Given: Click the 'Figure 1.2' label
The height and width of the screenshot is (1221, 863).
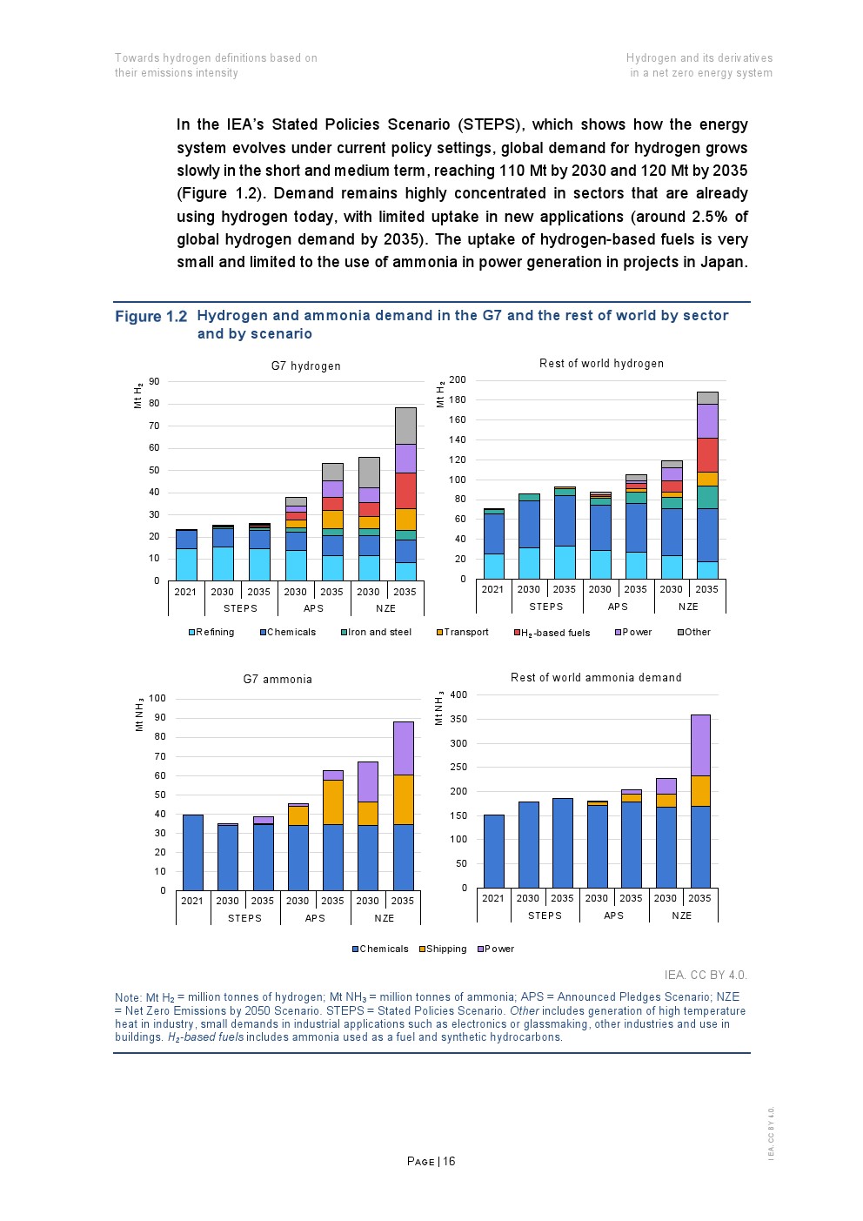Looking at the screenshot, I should (x=151, y=317).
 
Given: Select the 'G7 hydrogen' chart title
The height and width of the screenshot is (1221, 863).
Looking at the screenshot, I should (x=305, y=366).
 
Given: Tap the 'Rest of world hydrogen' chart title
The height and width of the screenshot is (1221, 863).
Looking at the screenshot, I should (x=601, y=364).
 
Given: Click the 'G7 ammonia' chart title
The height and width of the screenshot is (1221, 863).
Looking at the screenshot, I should (x=278, y=680).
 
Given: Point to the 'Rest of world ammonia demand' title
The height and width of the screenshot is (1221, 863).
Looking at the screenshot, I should (x=596, y=678).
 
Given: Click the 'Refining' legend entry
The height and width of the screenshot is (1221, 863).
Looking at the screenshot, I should (x=212, y=633).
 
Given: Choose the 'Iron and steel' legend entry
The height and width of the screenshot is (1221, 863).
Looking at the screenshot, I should (x=377, y=633).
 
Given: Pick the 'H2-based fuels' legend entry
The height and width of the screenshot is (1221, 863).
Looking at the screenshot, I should (x=552, y=633).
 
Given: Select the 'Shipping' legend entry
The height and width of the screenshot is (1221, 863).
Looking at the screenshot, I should (x=444, y=949).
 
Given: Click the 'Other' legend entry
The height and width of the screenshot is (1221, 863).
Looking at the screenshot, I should (x=695, y=633).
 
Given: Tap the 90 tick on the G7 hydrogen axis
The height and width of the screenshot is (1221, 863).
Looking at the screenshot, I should (x=154, y=381).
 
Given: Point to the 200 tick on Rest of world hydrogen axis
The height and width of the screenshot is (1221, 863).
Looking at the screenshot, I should (x=458, y=379).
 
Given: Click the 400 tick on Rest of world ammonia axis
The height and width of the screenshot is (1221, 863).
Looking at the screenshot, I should (x=458, y=694).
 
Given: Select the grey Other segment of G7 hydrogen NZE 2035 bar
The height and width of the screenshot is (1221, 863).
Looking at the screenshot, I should (x=405, y=426).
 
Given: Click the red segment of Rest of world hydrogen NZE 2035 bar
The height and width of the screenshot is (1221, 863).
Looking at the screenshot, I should (x=707, y=455).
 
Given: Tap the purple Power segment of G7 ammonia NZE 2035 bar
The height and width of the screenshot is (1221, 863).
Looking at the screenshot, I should (x=403, y=748).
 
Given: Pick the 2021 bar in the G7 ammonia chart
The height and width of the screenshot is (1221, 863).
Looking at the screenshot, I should (x=192, y=853).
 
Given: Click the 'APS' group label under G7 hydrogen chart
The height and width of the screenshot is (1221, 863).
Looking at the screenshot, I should (x=313, y=609).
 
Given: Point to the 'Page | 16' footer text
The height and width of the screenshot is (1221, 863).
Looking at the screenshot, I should (x=431, y=1162).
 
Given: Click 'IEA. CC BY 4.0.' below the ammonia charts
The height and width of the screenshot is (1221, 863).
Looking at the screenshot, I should (x=706, y=976).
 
